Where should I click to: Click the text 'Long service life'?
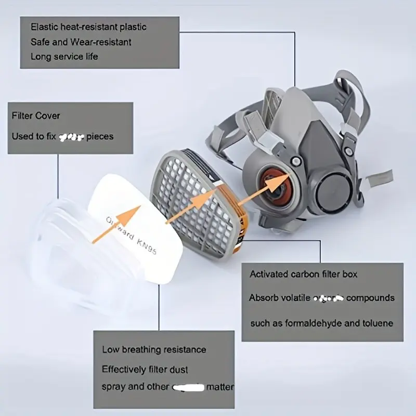click(x=64, y=56)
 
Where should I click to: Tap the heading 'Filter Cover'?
click(x=36, y=115)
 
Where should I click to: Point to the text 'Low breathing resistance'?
click(x=154, y=349)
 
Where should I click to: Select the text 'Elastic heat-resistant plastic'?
click(x=88, y=27)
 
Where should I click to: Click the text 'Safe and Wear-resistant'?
click(x=81, y=42)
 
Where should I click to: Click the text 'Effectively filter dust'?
click(x=145, y=369)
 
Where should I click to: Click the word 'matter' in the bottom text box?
click(x=219, y=387)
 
